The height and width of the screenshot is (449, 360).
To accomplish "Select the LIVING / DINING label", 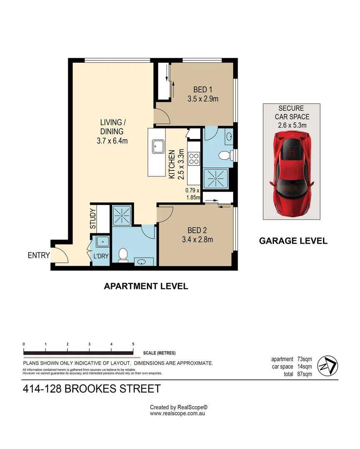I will [x=112, y=122].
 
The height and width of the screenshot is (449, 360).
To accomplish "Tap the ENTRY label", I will [x=39, y=255].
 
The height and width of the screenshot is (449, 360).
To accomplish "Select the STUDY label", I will [x=93, y=218].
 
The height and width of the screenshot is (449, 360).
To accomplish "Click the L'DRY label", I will [x=101, y=257].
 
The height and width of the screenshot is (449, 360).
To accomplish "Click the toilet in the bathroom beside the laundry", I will [x=123, y=254].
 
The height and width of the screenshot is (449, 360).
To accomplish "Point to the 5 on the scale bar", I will [x=133, y=344].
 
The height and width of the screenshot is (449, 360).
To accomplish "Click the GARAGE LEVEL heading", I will [x=293, y=241].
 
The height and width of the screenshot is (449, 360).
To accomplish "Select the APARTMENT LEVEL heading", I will [x=146, y=286].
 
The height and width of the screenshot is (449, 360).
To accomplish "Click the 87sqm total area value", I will [x=304, y=374].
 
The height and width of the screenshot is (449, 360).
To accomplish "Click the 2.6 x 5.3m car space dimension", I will [x=292, y=125].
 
